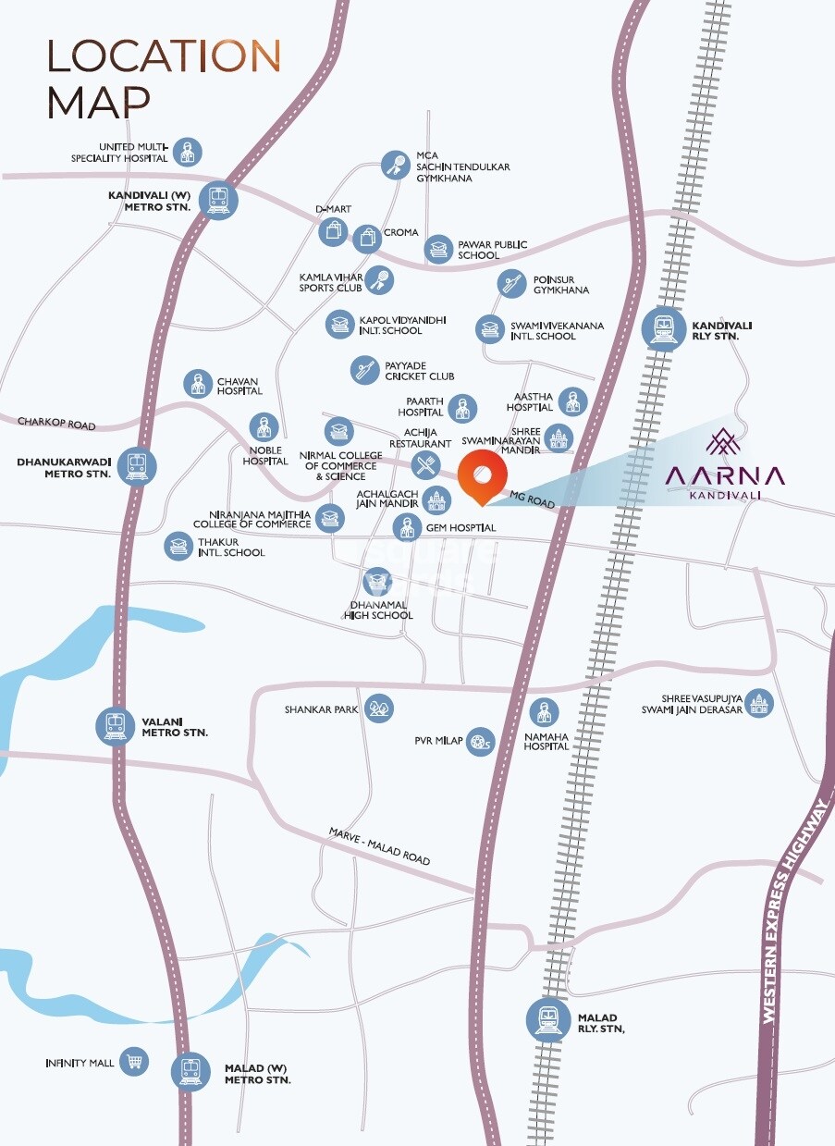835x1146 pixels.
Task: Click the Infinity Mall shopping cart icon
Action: (135, 1062)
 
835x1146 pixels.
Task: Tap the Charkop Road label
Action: (56, 425)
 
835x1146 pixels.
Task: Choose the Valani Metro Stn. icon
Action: (116, 725)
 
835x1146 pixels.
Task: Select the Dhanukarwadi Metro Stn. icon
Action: (137, 466)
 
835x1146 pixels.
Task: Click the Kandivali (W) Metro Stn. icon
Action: (219, 199)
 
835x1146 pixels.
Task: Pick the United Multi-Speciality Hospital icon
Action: (188, 152)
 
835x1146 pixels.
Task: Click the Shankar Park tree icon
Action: (379, 709)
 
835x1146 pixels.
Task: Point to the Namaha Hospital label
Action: (546, 739)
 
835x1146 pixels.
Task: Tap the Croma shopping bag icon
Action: (367, 238)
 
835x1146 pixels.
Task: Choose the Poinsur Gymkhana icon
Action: (511, 284)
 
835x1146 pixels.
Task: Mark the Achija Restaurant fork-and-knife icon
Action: (425, 463)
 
